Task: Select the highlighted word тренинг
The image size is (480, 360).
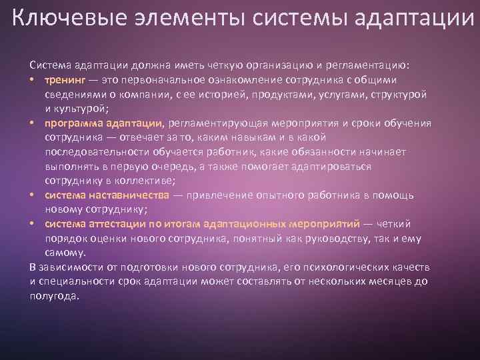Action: (x=65, y=79)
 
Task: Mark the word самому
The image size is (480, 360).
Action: (x=65, y=253)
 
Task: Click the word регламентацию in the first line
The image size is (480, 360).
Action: (x=369, y=65)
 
